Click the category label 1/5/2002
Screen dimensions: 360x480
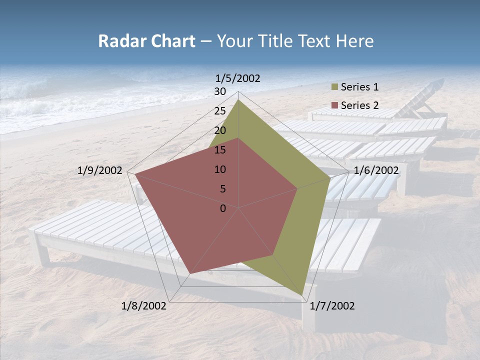click(238, 78)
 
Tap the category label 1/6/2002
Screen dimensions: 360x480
click(376, 170)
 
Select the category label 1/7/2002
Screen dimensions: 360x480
click(332, 306)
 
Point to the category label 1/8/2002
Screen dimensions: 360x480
click(144, 306)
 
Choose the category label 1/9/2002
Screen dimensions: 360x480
click(100, 170)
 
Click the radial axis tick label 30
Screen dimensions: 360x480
click(220, 91)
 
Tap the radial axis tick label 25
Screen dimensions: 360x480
click(220, 111)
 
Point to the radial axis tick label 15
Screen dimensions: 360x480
click(220, 150)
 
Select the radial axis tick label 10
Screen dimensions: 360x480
click(220, 169)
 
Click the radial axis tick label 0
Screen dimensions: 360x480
click(223, 208)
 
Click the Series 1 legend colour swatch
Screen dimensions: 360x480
click(334, 87)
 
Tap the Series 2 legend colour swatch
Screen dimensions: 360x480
click(334, 105)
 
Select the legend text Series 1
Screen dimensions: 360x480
click(359, 87)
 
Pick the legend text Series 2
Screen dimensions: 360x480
click(359, 105)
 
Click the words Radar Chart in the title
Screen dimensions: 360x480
click(146, 41)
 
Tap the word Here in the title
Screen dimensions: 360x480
click(354, 41)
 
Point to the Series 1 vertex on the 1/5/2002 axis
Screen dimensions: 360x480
click(238, 99)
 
